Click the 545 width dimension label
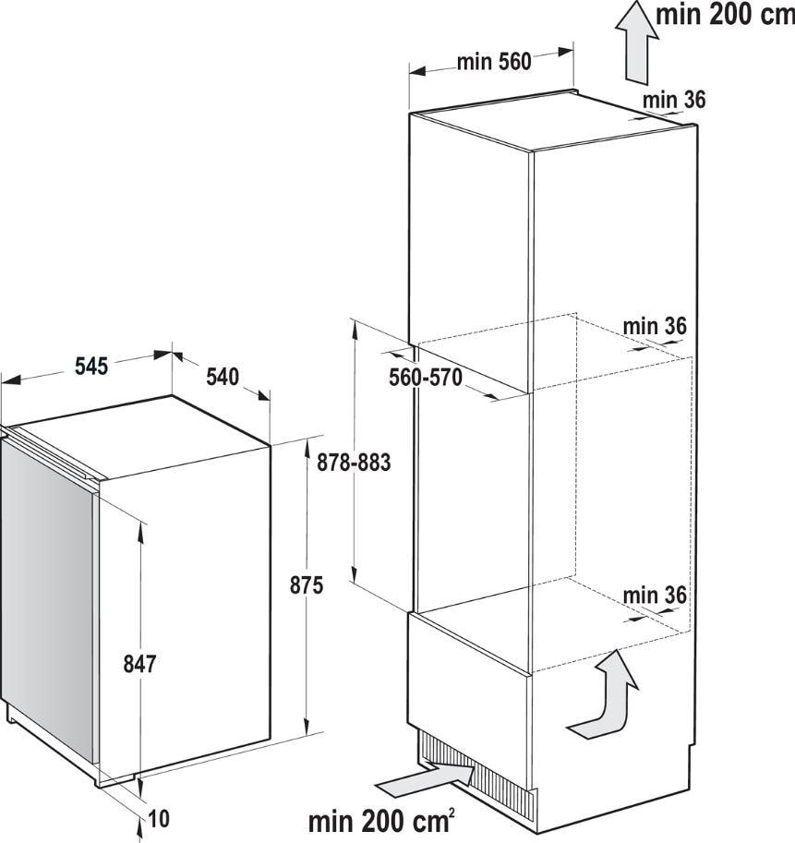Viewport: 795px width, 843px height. pyautogui.click(x=91, y=367)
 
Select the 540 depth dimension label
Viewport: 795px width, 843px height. pyautogui.click(x=223, y=377)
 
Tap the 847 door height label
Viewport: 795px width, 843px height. pyautogui.click(x=139, y=665)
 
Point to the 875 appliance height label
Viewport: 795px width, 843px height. pyautogui.click(x=307, y=585)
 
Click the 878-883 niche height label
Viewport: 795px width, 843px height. pyautogui.click(x=354, y=463)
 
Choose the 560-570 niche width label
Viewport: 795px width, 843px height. pyautogui.click(x=425, y=378)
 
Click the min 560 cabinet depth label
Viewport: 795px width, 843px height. pyautogui.click(x=494, y=62)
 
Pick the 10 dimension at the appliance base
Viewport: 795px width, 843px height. pyautogui.click(x=159, y=819)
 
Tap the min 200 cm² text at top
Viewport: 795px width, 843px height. pyautogui.click(x=725, y=15)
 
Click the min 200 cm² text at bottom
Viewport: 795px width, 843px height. pyautogui.click(x=381, y=821)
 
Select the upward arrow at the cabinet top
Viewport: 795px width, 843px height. pyautogui.click(x=637, y=42)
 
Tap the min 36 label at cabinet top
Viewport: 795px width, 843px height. pyautogui.click(x=674, y=100)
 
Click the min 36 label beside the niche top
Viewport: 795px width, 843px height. pyautogui.click(x=655, y=326)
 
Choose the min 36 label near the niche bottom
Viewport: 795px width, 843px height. pyautogui.click(x=655, y=596)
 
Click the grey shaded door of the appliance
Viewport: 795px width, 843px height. pyautogui.click(x=47, y=596)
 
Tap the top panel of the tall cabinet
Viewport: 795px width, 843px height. pyautogui.click(x=554, y=120)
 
